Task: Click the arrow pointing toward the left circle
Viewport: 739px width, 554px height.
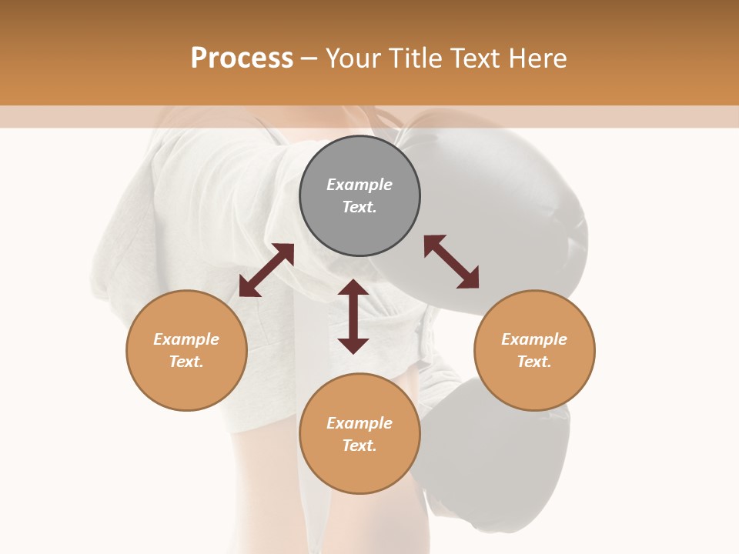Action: (x=266, y=270)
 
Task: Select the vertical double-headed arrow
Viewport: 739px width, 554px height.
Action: (x=353, y=316)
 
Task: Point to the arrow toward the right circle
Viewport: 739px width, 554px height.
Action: (x=451, y=262)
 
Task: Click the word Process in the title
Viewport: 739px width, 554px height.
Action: (x=242, y=58)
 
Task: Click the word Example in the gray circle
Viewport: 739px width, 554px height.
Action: (x=359, y=185)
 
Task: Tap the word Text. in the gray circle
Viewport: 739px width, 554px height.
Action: (x=359, y=207)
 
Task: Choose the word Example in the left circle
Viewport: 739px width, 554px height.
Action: (x=186, y=339)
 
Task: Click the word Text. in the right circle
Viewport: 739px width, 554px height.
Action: (x=534, y=362)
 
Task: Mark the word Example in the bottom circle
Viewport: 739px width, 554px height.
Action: (x=359, y=423)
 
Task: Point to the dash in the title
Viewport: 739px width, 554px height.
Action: (x=309, y=59)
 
